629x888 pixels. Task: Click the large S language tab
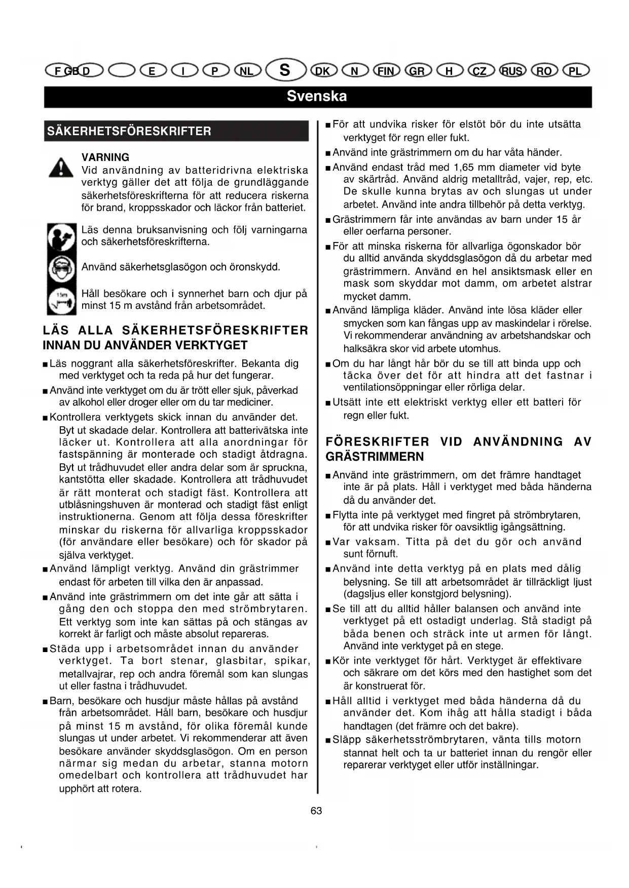point(285,69)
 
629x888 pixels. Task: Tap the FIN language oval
point(386,71)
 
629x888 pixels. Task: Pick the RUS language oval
point(512,71)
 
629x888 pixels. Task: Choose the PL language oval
point(575,71)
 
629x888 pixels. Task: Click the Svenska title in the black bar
point(317,96)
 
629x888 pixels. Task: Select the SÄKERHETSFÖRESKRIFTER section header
point(129,131)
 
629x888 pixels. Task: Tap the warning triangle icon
point(61,167)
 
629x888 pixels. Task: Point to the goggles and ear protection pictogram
point(61,268)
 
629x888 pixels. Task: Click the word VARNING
point(105,157)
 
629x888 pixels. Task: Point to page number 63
point(316,811)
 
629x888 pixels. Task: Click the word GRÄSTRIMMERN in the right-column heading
point(375,457)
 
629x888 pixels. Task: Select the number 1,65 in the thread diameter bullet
point(465,168)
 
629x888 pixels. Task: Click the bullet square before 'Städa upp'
point(46,650)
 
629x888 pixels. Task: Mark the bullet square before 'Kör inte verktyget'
point(328,661)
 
